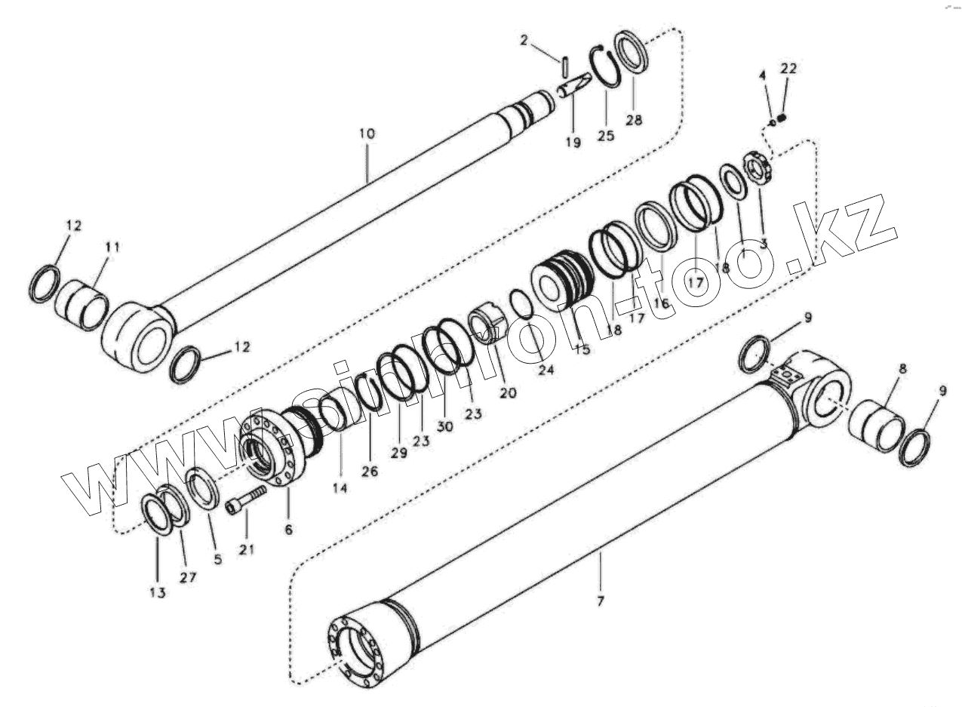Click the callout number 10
pyautogui.click(x=367, y=134)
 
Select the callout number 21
pyautogui.click(x=247, y=550)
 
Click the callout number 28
pyautogui.click(x=634, y=119)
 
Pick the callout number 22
pyautogui.click(x=788, y=69)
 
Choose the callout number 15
pyautogui.click(x=582, y=349)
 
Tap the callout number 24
pyautogui.click(x=546, y=370)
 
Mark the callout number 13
pyautogui.click(x=157, y=593)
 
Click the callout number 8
pyautogui.click(x=902, y=369)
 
